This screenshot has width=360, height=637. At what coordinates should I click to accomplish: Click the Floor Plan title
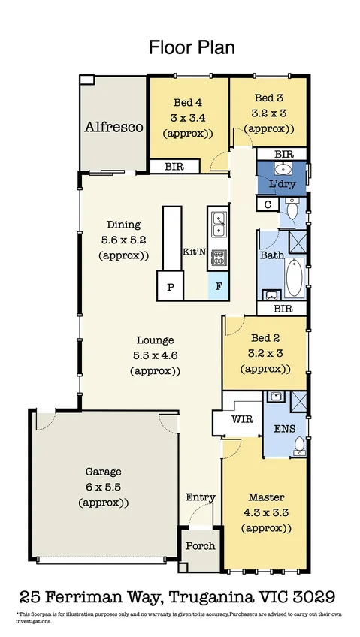[x=192, y=48]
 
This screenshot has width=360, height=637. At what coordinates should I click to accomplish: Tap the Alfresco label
[x=113, y=127]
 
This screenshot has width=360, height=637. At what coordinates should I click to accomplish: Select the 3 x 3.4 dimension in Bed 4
[x=188, y=117]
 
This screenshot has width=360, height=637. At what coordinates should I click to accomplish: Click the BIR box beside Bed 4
[x=174, y=167]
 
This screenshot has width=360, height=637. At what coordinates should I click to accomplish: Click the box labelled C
[x=267, y=204]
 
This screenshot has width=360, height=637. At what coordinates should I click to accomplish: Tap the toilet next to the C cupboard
[x=292, y=210]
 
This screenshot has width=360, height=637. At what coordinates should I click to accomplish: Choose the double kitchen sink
[x=218, y=222]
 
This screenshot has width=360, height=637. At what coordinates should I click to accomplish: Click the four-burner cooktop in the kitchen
[x=218, y=258]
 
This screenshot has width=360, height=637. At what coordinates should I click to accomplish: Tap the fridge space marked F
[x=219, y=286]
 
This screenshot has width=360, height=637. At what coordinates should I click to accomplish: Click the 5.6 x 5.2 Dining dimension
[x=124, y=240]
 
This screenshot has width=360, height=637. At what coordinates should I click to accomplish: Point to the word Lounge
[x=156, y=340]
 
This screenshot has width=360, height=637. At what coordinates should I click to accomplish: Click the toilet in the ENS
[x=298, y=448]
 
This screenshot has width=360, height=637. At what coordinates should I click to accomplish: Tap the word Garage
[x=103, y=472]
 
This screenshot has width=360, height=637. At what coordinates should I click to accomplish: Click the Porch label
[x=200, y=546]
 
